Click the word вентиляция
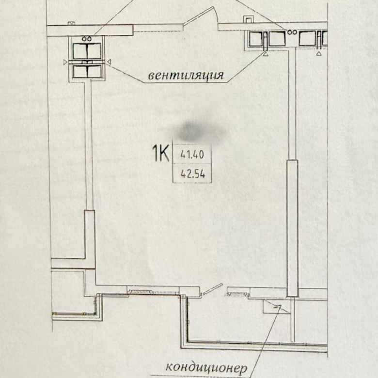tap(186, 76)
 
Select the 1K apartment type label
tap(160, 153)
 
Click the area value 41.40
tap(192, 155)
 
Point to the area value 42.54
tap(193, 173)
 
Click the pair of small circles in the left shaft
tap(86, 39)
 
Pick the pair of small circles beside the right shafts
tap(292, 32)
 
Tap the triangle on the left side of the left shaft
tap(65, 62)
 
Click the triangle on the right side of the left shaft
tap(109, 62)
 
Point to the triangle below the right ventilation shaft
tap(265, 54)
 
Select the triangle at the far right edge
tap(319, 53)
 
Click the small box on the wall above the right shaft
tap(248, 19)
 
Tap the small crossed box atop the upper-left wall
tap(71, 23)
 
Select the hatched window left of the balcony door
tap(140, 292)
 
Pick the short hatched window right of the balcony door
tap(236, 294)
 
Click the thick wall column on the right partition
tap(293, 228)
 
